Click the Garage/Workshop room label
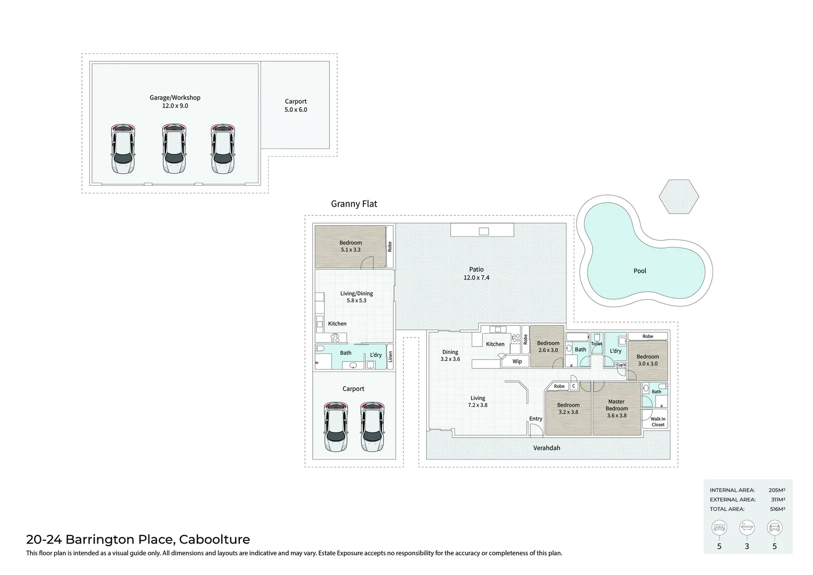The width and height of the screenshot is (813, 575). coord(175,97)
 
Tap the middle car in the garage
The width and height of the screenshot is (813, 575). coord(174,149)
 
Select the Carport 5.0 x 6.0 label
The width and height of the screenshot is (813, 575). coord(296,105)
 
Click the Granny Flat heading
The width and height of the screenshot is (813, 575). coord(354,204)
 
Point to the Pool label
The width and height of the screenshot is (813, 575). coord(640,270)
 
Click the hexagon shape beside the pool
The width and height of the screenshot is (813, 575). coord(679,196)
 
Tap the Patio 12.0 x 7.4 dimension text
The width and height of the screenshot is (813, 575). coord(476,277)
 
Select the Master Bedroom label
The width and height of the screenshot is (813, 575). coord(616,405)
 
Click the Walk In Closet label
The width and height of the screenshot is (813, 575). coord(658,422)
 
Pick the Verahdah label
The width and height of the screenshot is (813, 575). coord(546,448)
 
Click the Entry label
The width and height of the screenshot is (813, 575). coord(536,418)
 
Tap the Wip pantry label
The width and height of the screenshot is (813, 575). coord(517,361)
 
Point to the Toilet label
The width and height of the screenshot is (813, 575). coord(596,343)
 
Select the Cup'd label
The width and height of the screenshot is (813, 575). coord(621,365)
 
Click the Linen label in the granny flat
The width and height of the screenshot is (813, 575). coord(390,356)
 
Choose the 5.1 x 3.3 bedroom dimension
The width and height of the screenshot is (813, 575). coord(351,250)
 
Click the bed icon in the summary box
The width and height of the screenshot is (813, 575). coord(719,527)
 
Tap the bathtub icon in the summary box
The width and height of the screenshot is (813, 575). coord(747,527)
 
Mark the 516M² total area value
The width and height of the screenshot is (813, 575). coord(777,509)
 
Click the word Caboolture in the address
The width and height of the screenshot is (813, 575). coord(214,539)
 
